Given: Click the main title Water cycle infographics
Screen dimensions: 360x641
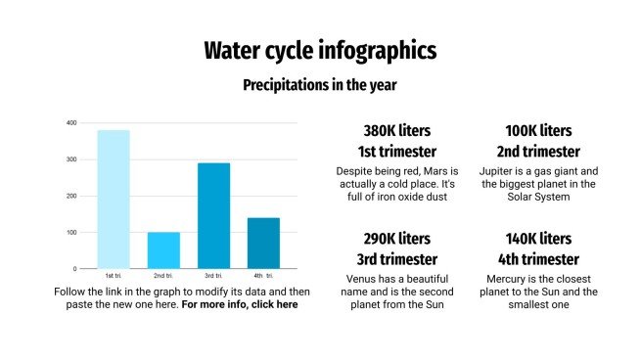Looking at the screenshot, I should [x=320, y=51].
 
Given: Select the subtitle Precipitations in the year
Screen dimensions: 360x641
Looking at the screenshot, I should [x=320, y=85].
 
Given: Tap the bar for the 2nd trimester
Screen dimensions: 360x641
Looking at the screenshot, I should [x=163, y=249].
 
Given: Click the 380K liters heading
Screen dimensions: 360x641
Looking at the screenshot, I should [x=397, y=130].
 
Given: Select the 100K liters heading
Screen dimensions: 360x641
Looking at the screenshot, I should [x=538, y=130].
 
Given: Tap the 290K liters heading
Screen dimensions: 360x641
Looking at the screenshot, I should [x=397, y=239].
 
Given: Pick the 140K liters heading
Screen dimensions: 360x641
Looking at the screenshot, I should [x=538, y=239].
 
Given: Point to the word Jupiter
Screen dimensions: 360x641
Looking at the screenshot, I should [x=500, y=170].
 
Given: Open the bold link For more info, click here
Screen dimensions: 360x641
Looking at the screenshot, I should [x=240, y=304].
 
